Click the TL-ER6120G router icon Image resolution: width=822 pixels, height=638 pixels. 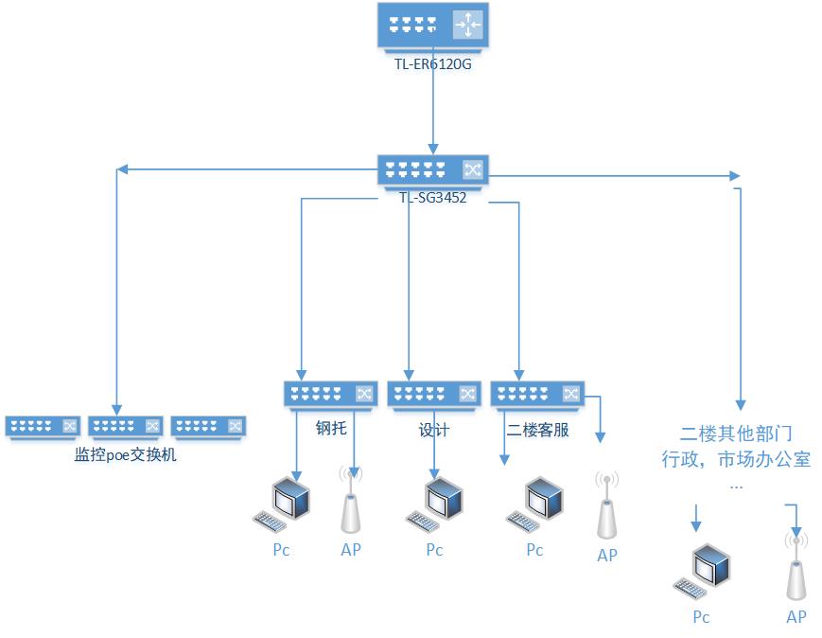[x=432, y=26]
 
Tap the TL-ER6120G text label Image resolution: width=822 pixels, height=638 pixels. [x=432, y=64]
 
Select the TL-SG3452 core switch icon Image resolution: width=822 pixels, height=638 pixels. [x=432, y=169]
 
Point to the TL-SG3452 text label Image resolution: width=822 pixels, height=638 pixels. [x=432, y=198]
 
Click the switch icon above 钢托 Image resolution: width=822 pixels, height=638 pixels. [x=330, y=394]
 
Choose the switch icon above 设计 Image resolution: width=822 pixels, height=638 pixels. [x=434, y=394]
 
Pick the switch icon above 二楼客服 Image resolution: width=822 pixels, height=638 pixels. [x=536, y=394]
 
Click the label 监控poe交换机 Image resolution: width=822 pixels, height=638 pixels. [x=126, y=455]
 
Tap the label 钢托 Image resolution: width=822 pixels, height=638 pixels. [x=331, y=429]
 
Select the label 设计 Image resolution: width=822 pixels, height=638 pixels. [x=434, y=430]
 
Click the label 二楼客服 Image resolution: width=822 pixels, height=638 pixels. [x=537, y=430]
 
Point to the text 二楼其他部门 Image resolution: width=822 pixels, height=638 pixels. [x=737, y=434]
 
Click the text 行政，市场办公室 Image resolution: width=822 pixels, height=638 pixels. [x=737, y=460]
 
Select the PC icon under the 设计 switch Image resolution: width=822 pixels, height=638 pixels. [x=437, y=504]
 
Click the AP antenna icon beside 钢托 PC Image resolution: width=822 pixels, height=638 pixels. [x=351, y=503]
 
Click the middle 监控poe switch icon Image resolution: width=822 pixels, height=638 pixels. [x=126, y=426]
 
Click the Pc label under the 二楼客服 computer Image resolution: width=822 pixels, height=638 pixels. [x=535, y=550]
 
